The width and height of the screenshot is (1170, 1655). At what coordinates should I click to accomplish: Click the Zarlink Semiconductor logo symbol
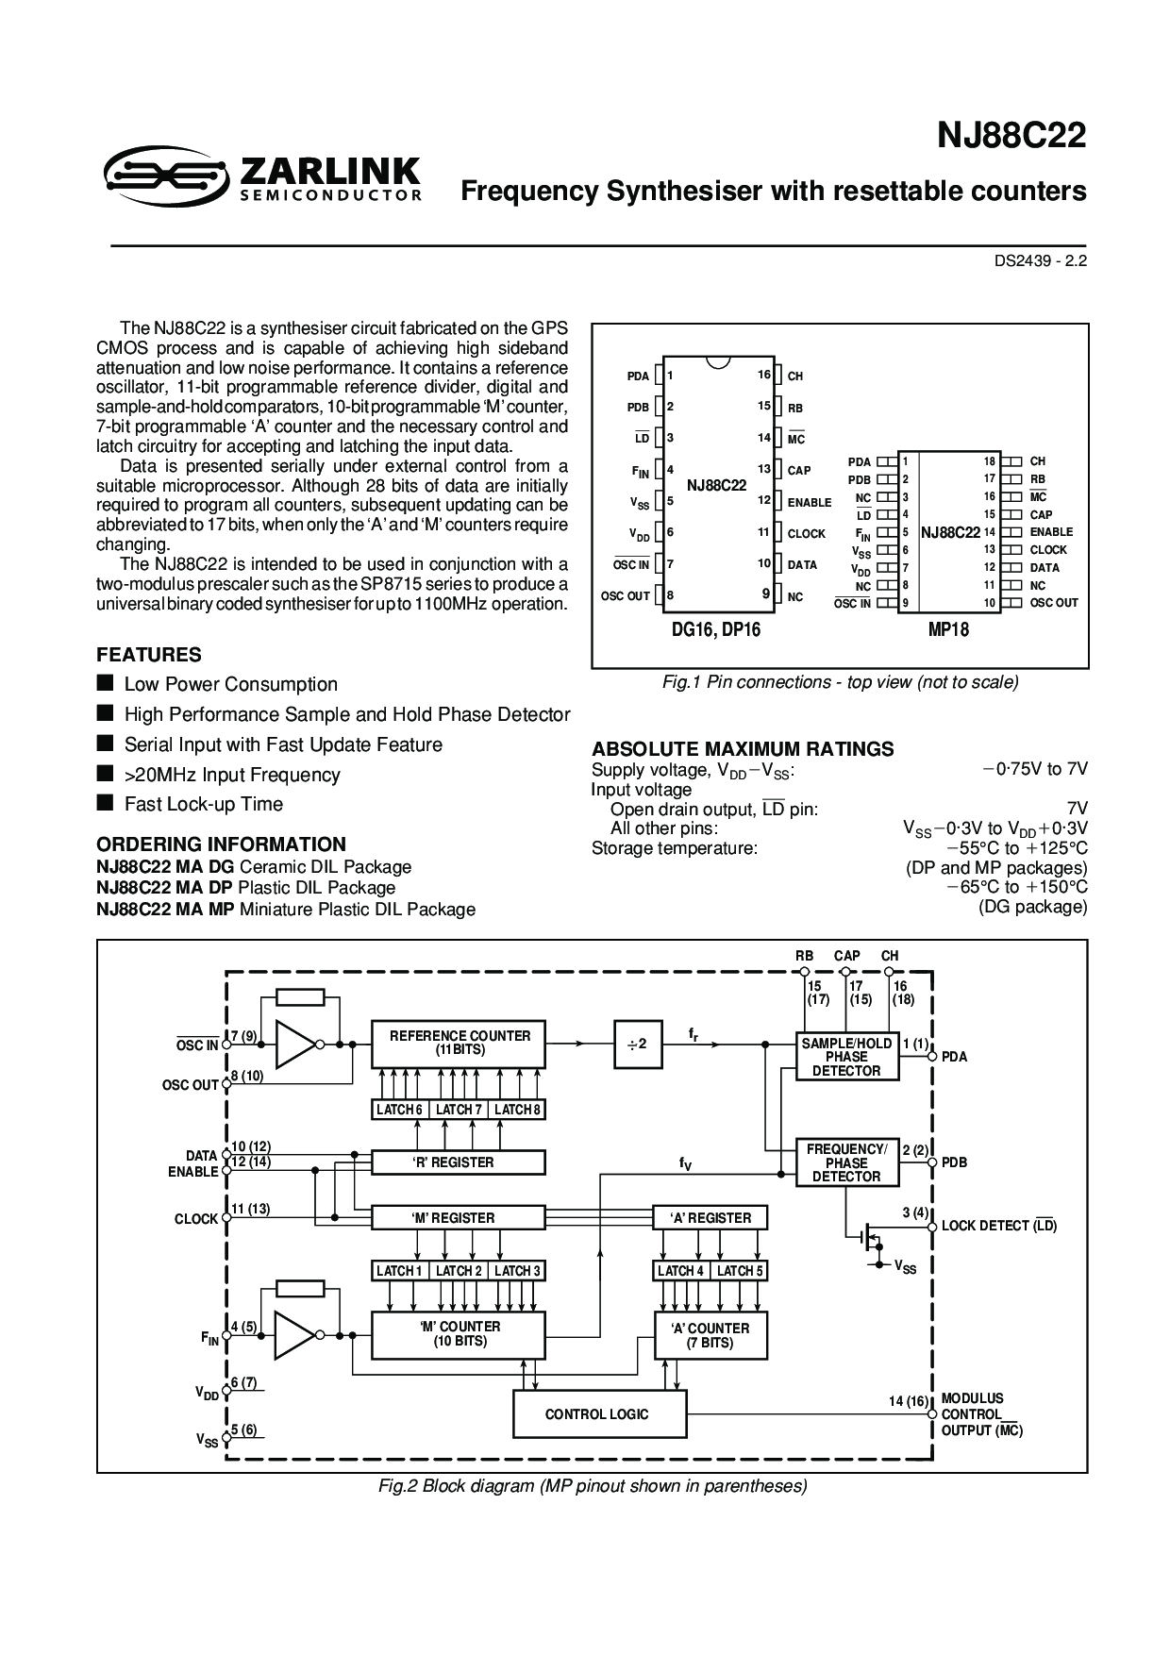pos(166,174)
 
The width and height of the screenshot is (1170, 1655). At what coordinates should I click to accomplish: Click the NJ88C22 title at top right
pos(1011,136)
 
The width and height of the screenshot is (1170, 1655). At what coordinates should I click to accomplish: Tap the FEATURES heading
pos(149,655)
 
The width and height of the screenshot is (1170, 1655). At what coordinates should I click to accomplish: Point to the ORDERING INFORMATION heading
pos(222,844)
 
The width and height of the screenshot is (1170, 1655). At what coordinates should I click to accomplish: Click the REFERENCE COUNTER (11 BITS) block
pos(459,1044)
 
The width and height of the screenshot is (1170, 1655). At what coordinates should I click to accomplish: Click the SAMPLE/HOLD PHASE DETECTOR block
pos(846,1057)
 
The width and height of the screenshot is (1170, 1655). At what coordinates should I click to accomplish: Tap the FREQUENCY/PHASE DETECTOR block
pos(846,1162)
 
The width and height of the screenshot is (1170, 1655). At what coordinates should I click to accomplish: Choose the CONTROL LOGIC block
pos(598,1414)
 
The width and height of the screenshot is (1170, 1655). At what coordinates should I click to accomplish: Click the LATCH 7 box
pos(459,1110)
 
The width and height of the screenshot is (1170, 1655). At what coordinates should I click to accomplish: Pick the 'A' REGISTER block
pos(710,1218)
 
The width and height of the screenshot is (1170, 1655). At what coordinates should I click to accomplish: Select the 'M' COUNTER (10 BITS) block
pos(459,1334)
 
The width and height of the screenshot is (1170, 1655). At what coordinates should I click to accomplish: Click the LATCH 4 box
pos(681,1271)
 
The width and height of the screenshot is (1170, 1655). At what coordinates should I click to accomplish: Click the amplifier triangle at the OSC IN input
pos(295,1044)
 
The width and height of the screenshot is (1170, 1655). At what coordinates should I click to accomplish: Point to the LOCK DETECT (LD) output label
pos(999,1226)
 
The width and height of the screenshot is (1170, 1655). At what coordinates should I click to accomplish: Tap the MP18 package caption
pos(948,630)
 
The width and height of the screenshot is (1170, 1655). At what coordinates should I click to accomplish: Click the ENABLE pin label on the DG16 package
pos(810,503)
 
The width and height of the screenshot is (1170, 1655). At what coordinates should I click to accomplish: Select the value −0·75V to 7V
pos(1035,769)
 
